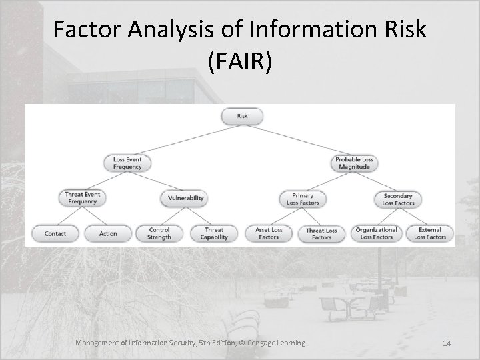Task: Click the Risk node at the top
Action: [x=241, y=117]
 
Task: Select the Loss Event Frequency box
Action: [x=127, y=163]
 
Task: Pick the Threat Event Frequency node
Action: [x=82, y=198]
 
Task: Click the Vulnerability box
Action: [x=185, y=198]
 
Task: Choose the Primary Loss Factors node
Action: [x=302, y=199]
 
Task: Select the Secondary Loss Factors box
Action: [x=398, y=199]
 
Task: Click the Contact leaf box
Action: [x=55, y=233]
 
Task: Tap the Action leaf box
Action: [x=107, y=233]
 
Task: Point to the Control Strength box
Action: [x=160, y=233]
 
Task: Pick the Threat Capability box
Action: [x=214, y=233]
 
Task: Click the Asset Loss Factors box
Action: [x=269, y=233]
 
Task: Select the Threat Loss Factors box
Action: [x=321, y=233]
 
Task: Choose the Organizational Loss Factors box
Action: [x=376, y=233]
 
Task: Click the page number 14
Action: [x=446, y=343]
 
